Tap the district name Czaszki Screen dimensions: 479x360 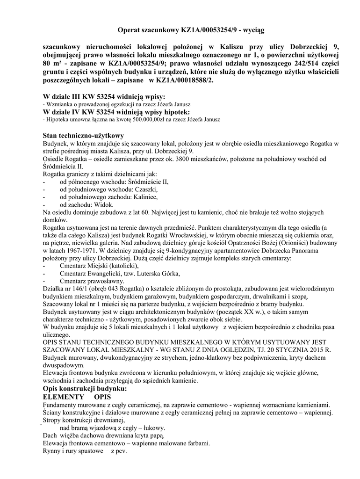tap(146, 189)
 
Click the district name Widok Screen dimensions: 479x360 tap(104, 204)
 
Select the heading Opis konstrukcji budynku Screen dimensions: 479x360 tap(84, 389)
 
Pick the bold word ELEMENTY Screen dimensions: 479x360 tap(63, 397)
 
